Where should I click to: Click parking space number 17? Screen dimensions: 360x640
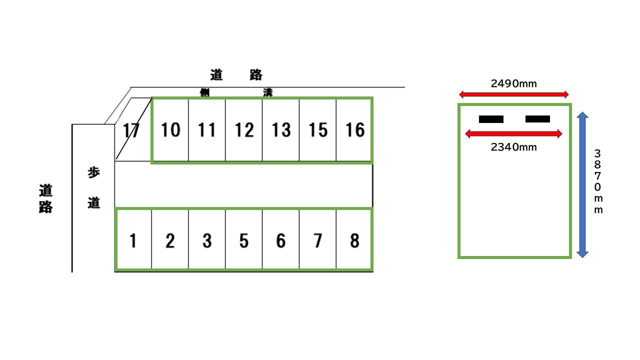pos(130,130)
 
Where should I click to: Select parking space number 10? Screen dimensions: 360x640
pos(170,130)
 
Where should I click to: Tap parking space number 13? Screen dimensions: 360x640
pos(281,130)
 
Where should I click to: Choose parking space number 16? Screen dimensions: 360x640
pos(355,130)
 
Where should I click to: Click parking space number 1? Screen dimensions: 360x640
pos(133,241)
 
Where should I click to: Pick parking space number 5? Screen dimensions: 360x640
pos(243,241)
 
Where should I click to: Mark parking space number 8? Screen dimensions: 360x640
pos(354,241)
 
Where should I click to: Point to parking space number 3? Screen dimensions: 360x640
pos(207,241)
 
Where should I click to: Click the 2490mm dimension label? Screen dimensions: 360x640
pos(513,83)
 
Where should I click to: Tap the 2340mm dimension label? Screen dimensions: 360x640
pos(513,147)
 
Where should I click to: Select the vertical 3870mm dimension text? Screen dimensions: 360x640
pos(598,181)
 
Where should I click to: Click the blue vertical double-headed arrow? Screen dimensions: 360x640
pos(582,184)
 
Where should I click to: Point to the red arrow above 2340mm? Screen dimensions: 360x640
pos(513,133)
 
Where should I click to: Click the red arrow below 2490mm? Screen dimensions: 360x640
pos(514,94)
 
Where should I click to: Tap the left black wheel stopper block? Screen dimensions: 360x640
pos(491,119)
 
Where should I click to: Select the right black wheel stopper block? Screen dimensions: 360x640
pos(537,119)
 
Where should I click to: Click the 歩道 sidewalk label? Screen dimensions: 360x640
pos(94,187)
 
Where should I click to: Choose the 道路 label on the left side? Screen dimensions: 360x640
pos(46,198)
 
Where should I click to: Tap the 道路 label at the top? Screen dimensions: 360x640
pos(236,75)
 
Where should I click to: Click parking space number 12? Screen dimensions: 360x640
pos(244,130)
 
